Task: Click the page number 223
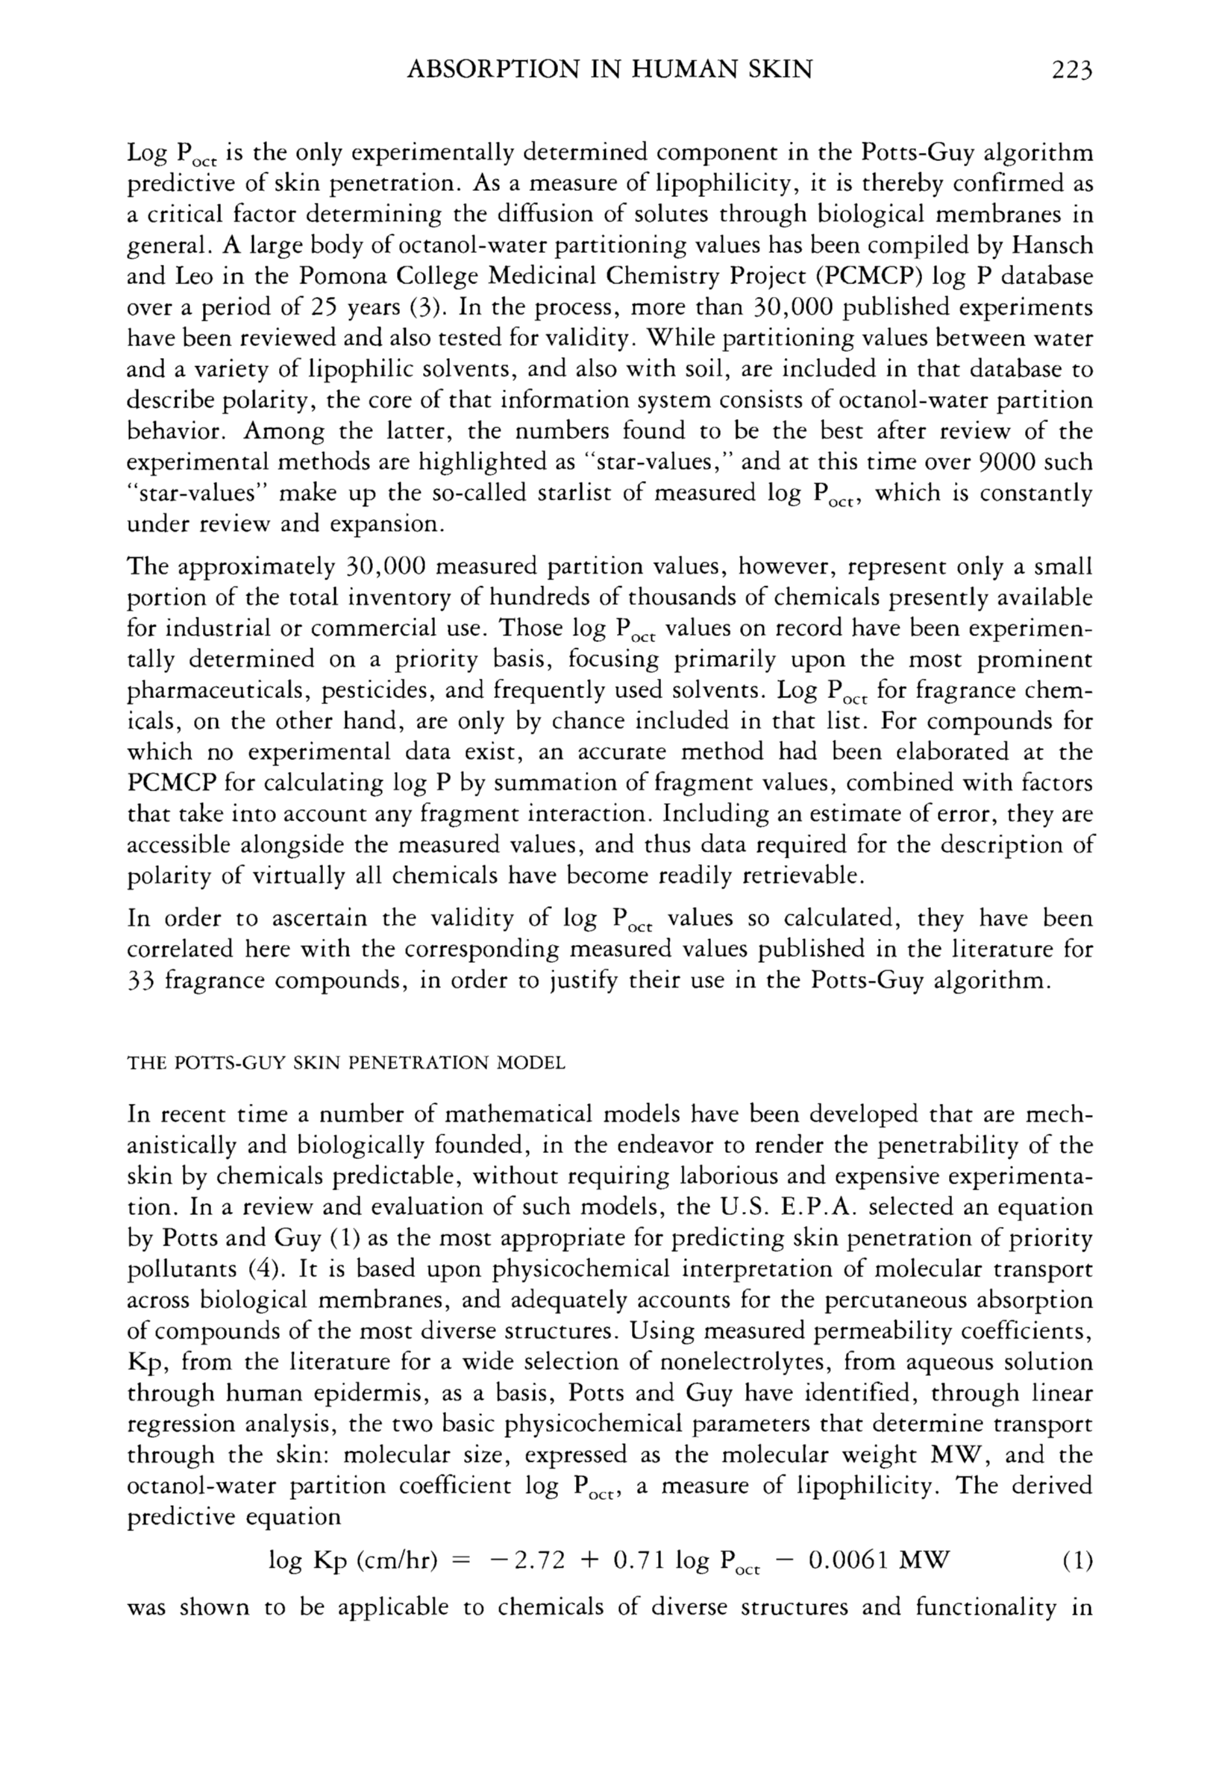[1071, 71]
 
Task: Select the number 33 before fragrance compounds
[141, 981]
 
